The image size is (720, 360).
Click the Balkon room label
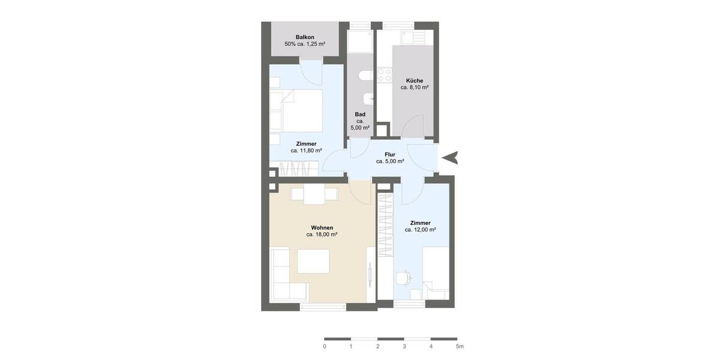tap(305, 37)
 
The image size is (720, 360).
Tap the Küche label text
tap(414, 80)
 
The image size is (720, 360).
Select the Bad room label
tap(360, 115)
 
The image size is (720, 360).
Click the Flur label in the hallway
tap(390, 154)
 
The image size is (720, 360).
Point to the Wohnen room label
tap(322, 227)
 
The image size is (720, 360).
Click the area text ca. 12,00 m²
tap(420, 230)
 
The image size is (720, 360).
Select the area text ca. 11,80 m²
tap(306, 151)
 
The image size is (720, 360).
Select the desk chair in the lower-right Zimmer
tap(404, 278)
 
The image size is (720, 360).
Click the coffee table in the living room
tap(313, 262)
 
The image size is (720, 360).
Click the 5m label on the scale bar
tap(459, 347)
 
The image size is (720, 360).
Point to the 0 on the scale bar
tap(325, 347)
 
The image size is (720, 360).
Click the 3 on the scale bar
tap(404, 347)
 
